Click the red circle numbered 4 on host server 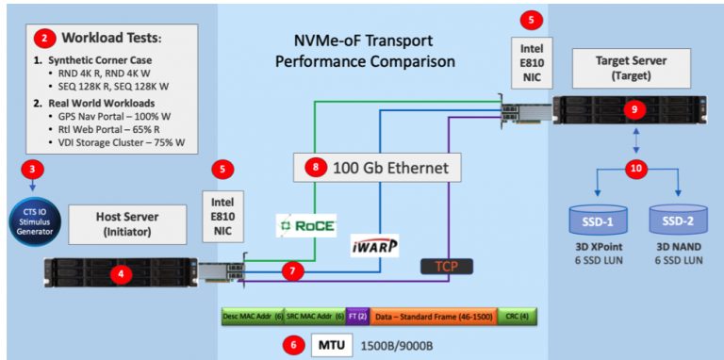pos(118,274)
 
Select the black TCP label pos(446,267)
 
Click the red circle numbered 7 pos(295,271)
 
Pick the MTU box pos(327,345)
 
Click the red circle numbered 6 pos(294,345)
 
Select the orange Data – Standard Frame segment pos(433,318)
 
